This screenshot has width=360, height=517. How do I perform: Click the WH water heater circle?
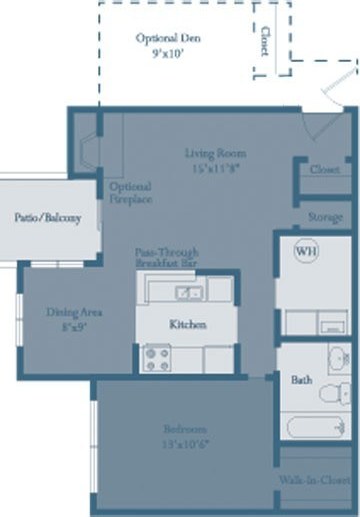[305, 252]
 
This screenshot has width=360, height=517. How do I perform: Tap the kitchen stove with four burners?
[158, 357]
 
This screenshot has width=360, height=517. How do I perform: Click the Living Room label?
[215, 153]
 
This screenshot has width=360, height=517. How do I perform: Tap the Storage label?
[326, 216]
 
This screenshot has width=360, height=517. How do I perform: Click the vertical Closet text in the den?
[264, 39]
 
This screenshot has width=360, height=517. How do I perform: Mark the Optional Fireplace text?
[131, 193]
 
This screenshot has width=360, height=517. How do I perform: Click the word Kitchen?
[187, 325]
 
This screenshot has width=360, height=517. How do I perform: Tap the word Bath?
[301, 380]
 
